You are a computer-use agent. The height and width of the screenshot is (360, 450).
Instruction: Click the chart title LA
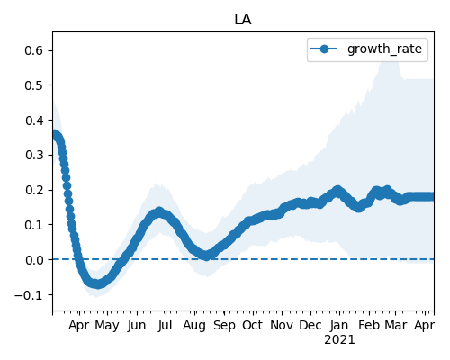pos(243,20)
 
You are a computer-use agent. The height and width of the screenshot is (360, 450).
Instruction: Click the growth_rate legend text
pos(384,49)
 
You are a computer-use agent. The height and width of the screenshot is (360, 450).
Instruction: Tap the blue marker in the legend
pos(324,49)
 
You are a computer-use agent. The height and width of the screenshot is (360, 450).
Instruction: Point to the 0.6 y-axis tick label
pos(34,50)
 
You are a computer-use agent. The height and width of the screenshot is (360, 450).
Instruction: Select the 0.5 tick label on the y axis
pos(34,85)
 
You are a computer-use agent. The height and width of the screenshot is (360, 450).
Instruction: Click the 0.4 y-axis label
pos(34,121)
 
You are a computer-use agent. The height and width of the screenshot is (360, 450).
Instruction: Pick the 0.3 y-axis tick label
pos(34,155)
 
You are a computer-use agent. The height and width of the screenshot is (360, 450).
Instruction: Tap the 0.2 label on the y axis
pos(34,190)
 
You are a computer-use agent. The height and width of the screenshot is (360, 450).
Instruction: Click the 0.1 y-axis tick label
pos(34,225)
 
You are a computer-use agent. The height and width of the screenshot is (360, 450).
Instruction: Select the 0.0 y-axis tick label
pos(34,260)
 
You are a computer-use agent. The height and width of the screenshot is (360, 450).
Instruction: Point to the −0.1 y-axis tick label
pos(29,295)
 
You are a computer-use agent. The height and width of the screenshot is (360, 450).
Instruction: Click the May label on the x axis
pos(107,326)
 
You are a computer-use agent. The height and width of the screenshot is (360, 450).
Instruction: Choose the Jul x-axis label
pos(166,325)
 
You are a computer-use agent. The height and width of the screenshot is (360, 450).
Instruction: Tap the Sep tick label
pos(224,326)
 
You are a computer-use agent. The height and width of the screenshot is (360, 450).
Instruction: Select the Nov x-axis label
pos(282,325)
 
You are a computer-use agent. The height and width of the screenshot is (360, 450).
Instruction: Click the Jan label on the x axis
pos(339,325)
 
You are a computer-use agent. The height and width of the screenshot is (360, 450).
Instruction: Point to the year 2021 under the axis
pos(339,340)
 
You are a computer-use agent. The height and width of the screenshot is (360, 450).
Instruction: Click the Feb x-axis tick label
pos(369,325)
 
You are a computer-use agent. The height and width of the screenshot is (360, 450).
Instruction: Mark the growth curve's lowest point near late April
pos(96,283)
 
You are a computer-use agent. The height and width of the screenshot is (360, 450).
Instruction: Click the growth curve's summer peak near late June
pos(159,211)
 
